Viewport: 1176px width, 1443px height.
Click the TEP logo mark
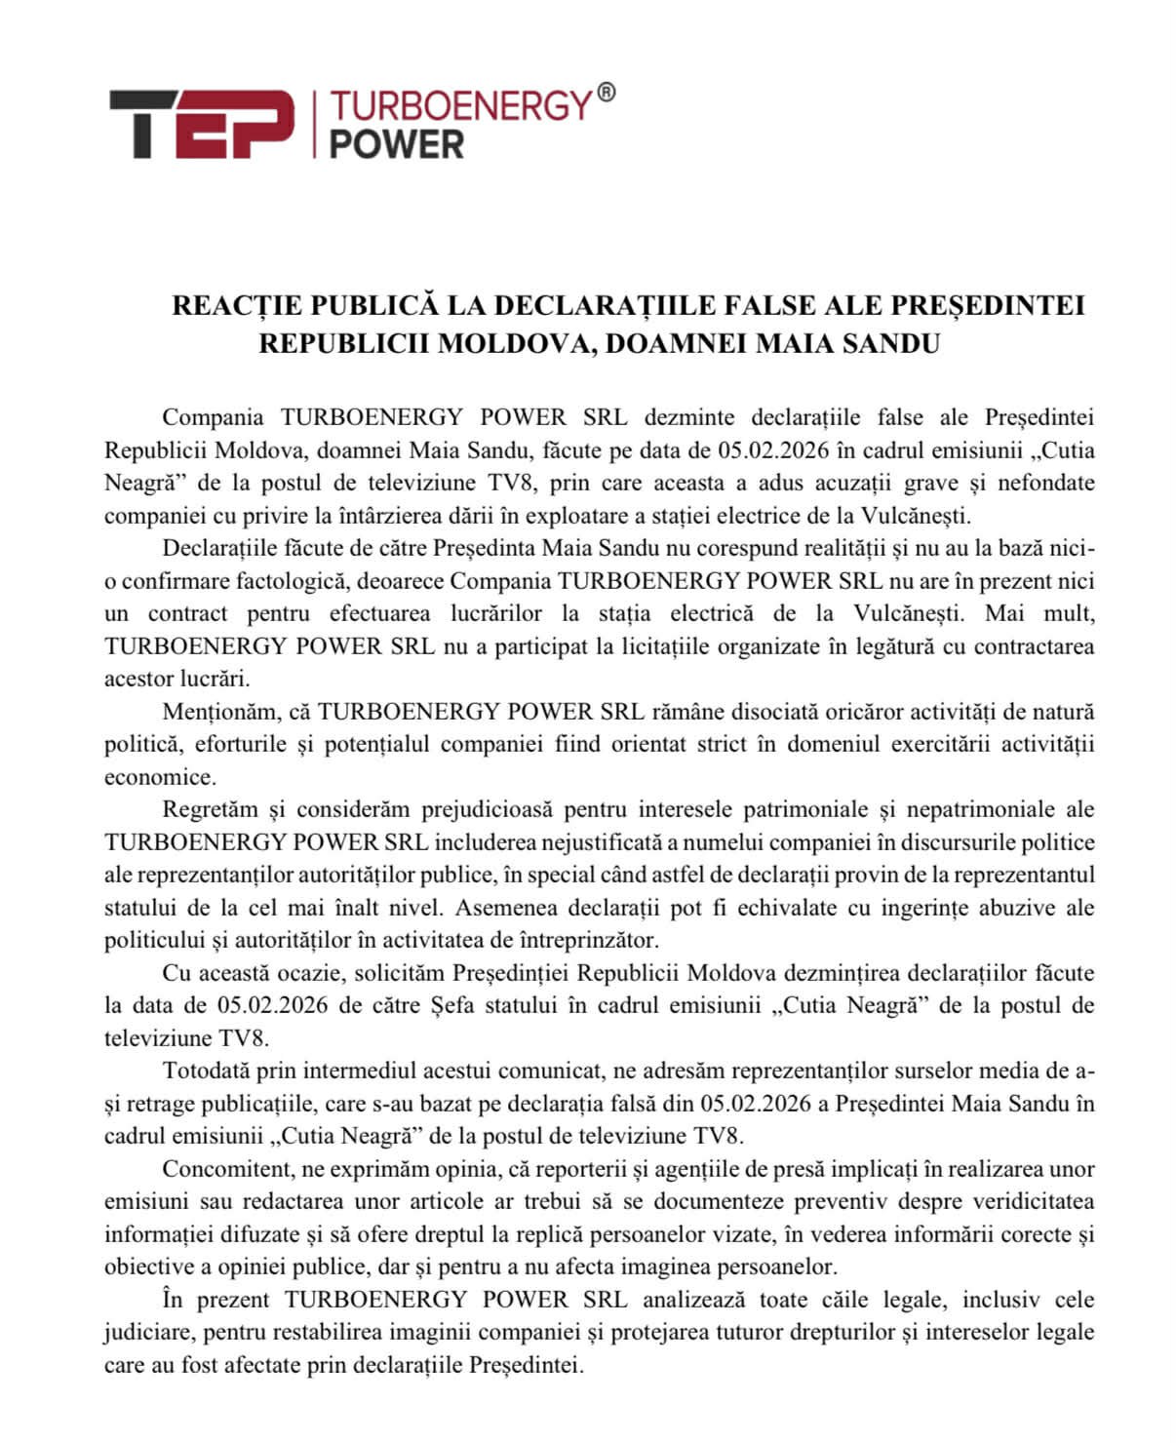click(x=201, y=124)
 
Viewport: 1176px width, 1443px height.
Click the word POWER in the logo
click(x=396, y=144)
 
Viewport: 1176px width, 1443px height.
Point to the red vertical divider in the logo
click(x=314, y=124)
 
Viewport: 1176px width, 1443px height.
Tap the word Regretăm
click(x=210, y=809)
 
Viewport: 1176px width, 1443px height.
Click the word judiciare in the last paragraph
click(x=147, y=1332)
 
